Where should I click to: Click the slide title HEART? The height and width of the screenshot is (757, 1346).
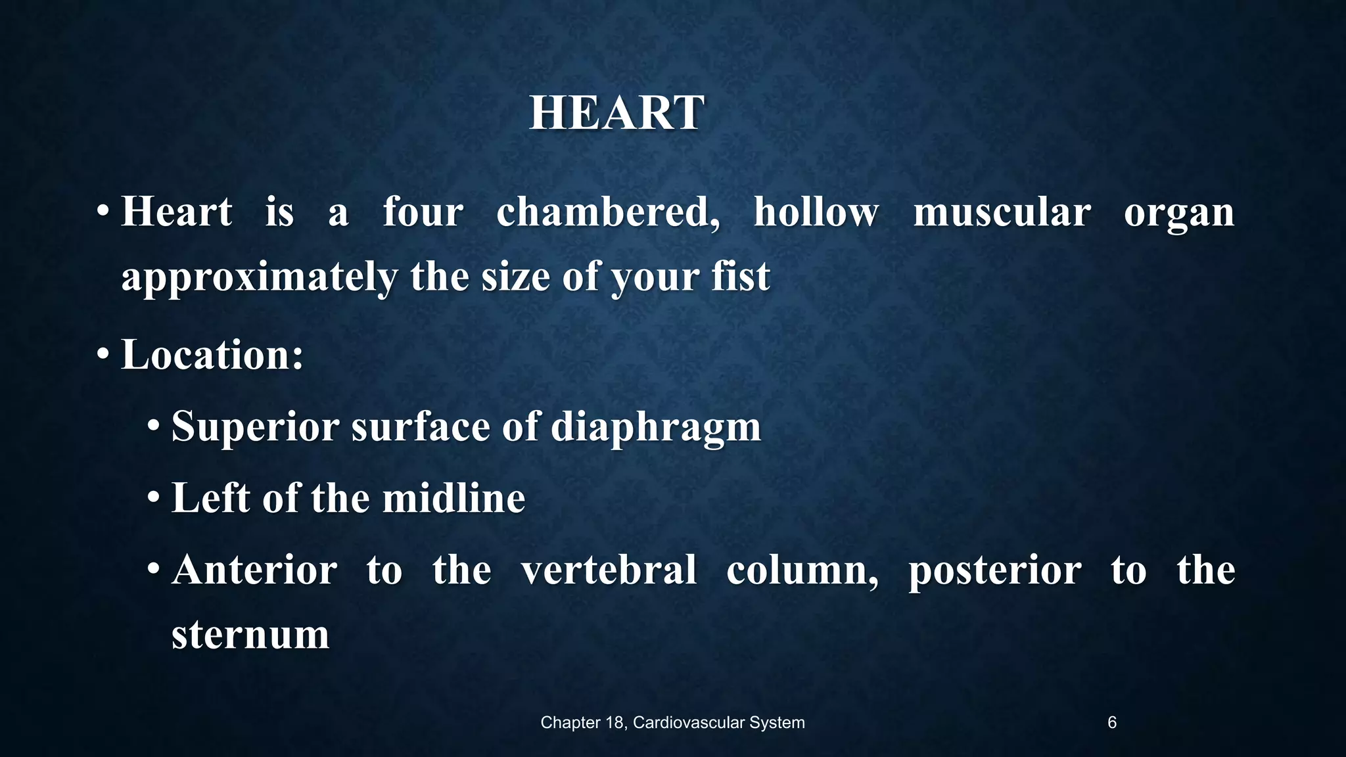pos(616,113)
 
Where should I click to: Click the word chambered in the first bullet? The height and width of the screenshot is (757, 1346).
pos(607,212)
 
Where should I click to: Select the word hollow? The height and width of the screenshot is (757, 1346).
pos(816,212)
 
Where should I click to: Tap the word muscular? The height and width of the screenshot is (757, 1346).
pos(1002,212)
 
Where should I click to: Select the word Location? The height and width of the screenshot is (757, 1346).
pos(212,355)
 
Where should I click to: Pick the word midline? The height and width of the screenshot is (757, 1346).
pos(453,498)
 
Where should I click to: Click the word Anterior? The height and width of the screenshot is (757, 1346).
pos(254,570)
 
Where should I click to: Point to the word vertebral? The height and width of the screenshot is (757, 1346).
pos(609,570)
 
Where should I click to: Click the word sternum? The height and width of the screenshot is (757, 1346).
pos(250,635)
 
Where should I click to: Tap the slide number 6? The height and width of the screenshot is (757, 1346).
pos(1111,723)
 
